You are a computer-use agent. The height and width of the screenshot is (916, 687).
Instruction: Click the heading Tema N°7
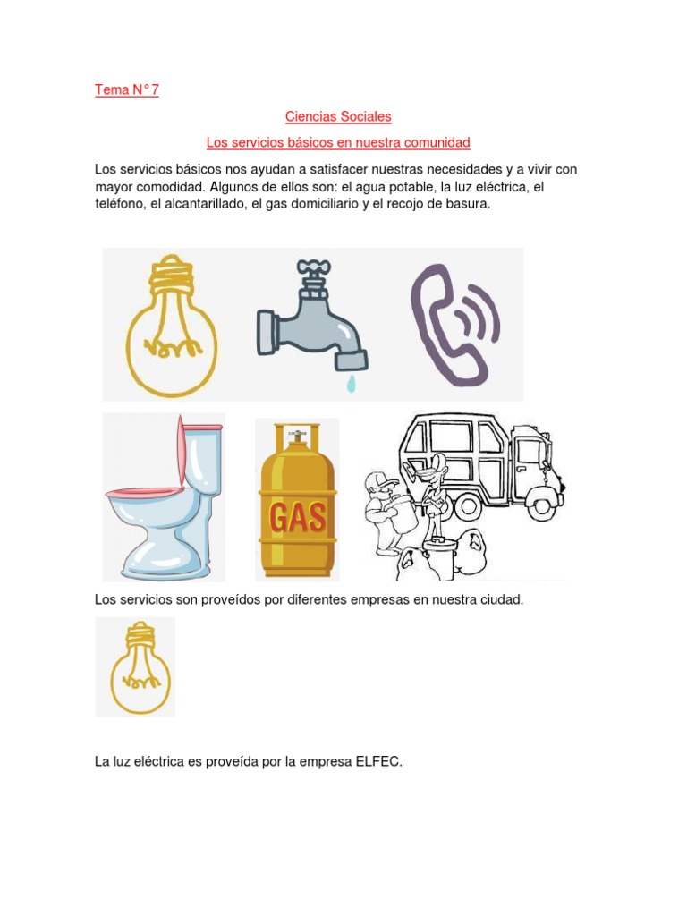point(127,89)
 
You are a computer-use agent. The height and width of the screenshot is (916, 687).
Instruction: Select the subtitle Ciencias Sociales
point(338,116)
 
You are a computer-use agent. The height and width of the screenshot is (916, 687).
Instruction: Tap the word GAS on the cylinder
point(298,517)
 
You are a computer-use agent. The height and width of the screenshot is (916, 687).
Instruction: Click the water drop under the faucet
point(351,383)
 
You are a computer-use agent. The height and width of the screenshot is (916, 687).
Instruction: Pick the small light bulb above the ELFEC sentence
point(135,667)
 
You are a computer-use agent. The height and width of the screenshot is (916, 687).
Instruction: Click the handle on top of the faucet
point(314,267)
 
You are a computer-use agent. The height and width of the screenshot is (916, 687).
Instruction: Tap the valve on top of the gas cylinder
point(298,435)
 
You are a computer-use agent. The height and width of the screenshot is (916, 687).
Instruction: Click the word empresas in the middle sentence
point(377,599)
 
